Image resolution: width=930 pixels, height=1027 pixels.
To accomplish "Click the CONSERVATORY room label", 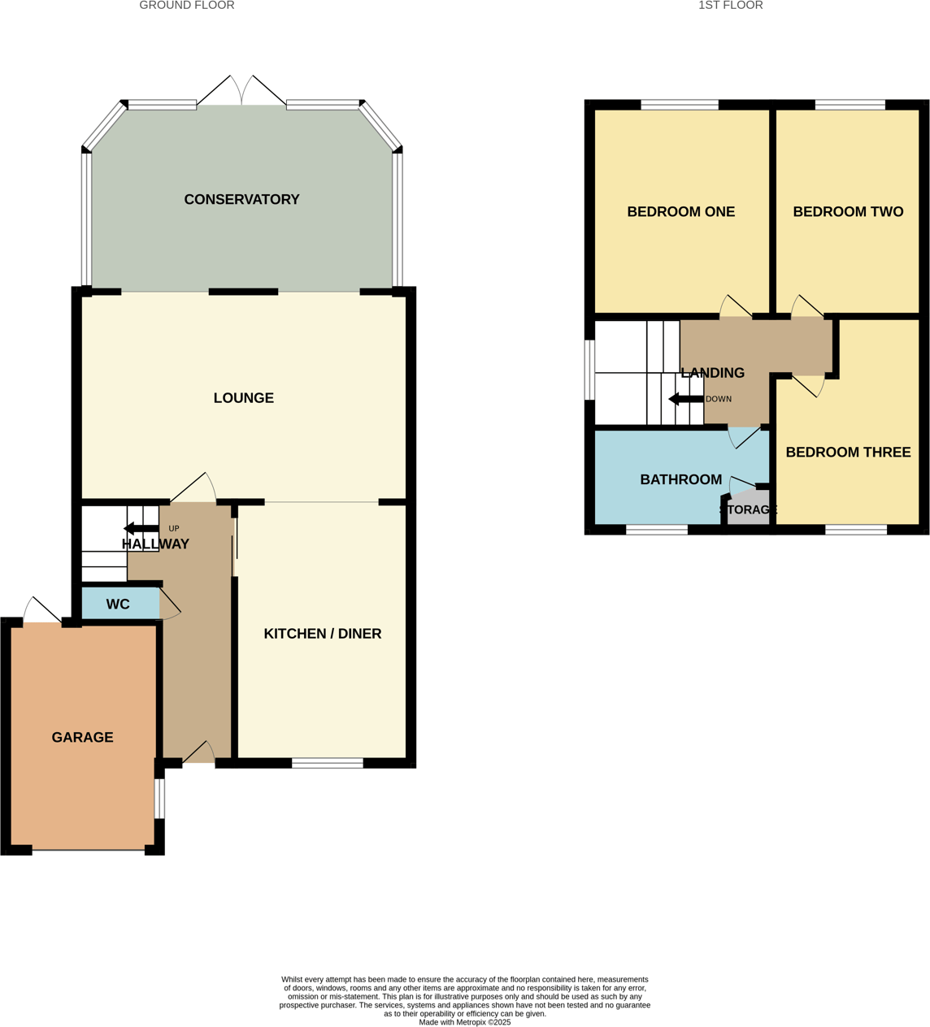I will click(241, 200).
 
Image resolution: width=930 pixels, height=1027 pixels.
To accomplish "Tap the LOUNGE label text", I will click(243, 398).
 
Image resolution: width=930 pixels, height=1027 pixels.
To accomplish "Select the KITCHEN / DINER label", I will click(322, 634).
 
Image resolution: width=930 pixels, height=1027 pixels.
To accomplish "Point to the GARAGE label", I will click(82, 738).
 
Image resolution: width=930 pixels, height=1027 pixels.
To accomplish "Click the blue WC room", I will click(119, 604).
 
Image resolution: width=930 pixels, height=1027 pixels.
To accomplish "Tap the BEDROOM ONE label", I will click(680, 212).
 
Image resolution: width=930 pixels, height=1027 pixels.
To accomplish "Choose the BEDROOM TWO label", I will click(848, 212).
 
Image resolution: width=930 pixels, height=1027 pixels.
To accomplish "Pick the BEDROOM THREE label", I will click(848, 453).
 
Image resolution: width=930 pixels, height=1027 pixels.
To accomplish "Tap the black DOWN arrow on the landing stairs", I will click(685, 399).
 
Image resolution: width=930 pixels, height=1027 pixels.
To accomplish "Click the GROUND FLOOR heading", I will click(187, 6).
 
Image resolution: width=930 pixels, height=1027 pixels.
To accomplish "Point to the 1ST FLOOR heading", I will click(730, 6).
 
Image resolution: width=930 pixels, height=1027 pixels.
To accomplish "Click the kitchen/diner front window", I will click(328, 763).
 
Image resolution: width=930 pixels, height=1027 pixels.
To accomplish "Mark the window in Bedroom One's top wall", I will click(680, 105).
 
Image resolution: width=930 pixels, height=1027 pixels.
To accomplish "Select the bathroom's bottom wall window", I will click(657, 531).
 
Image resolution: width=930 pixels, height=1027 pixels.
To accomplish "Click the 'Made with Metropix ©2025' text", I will click(465, 1022).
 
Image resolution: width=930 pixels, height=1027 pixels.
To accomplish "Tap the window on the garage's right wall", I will click(159, 799).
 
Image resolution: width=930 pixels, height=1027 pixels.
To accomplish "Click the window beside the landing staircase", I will click(589, 370).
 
